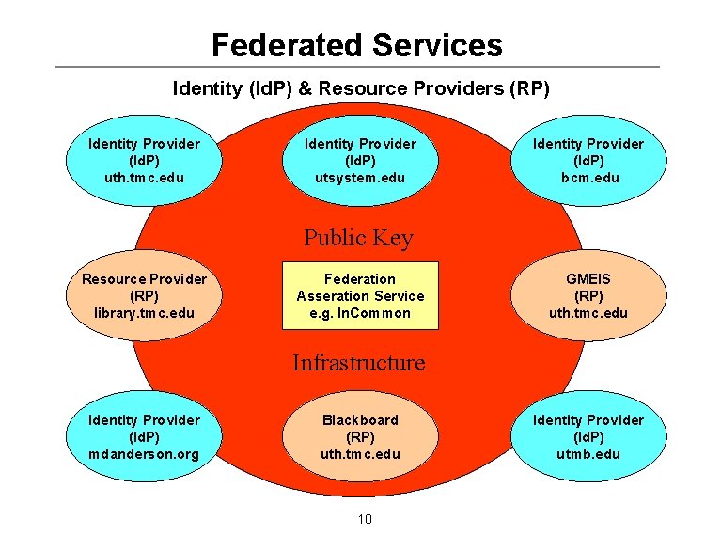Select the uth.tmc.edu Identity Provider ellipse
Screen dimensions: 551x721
[144, 161]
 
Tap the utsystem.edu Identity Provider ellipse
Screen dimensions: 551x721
[360, 161]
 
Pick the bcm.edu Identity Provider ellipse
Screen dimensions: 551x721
[588, 161]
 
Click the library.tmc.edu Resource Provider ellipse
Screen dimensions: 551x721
[144, 295]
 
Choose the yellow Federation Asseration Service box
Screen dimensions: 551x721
[360, 295]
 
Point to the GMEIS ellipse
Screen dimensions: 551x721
[588, 295]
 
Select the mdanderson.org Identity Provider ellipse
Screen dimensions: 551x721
[144, 436]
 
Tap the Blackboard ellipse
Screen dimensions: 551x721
[360, 436]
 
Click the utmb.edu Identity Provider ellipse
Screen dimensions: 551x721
[588, 436]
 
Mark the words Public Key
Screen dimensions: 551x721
[358, 238]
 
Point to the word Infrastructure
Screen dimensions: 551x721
[358, 363]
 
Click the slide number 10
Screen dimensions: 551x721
[366, 519]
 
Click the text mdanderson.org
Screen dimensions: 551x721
[144, 454]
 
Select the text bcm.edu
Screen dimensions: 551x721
[588, 178]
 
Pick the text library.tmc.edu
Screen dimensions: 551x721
[144, 313]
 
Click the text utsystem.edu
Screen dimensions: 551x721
[360, 178]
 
